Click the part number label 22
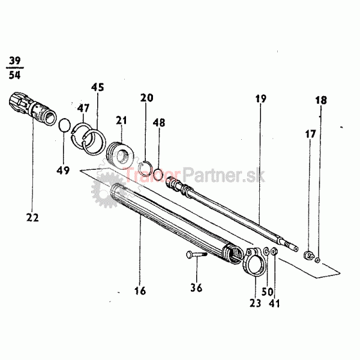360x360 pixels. pos(32,217)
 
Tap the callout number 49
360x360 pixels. pos(64,171)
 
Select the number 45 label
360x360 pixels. pos(98,88)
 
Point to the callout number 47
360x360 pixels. pos(82,108)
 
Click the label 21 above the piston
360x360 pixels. pos(122,121)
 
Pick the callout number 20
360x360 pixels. pos(147,98)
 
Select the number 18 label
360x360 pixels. pos(322,100)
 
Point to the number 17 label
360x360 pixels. pos(310,134)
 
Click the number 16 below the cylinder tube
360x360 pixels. pos(140,292)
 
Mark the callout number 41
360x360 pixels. pos(275,304)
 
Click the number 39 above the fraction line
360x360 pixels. pos(14,61)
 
